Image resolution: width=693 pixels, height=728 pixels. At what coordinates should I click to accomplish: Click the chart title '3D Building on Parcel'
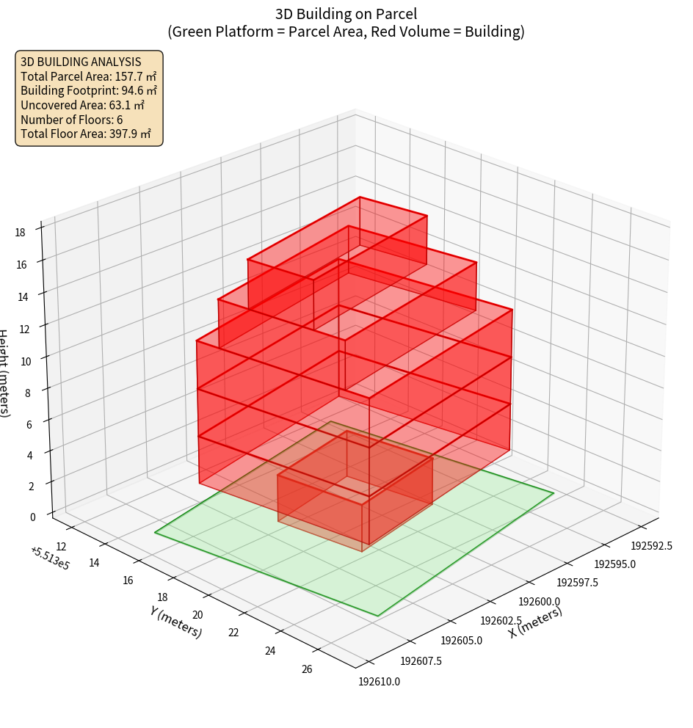[x=346, y=14]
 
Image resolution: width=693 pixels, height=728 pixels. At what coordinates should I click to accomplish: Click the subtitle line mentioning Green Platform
[x=346, y=32]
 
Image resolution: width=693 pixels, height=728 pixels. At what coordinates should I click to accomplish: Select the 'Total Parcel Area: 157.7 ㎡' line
[x=88, y=76]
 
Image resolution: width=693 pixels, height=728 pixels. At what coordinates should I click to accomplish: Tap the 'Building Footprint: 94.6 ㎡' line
[x=88, y=90]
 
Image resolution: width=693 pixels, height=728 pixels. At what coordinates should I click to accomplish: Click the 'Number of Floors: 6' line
[x=71, y=120]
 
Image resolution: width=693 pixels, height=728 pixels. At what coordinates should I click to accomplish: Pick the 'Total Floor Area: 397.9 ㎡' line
[x=86, y=134]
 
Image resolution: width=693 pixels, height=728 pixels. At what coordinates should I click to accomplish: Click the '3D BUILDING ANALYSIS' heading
[x=81, y=62]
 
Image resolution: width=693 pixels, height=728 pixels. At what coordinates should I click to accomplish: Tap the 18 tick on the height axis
[x=20, y=232]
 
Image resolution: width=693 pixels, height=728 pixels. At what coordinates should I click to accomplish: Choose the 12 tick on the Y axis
[x=62, y=546]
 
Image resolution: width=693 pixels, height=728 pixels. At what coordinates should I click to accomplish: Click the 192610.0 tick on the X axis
[x=379, y=682]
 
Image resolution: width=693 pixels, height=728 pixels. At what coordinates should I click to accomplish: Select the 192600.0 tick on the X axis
[x=540, y=602]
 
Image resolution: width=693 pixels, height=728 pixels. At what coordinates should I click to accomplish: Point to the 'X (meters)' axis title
[x=536, y=622]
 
